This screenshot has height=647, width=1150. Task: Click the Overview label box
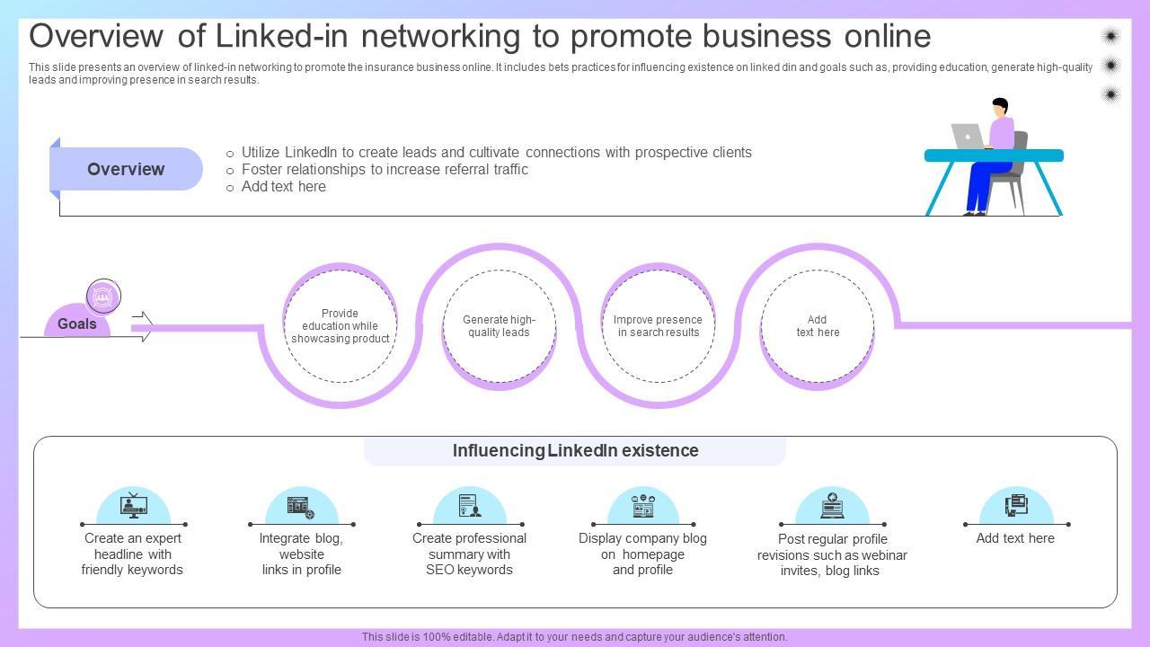pyautogui.click(x=126, y=169)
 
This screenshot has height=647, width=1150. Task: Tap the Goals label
pyautogui.click(x=76, y=324)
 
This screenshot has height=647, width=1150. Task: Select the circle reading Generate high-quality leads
pyautogui.click(x=499, y=326)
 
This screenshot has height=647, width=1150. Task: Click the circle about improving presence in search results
pyautogui.click(x=658, y=326)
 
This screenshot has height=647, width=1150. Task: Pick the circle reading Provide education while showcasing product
pyautogui.click(x=340, y=326)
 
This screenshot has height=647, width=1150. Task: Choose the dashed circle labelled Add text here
pyautogui.click(x=817, y=326)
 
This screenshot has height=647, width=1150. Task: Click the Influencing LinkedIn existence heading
pyautogui.click(x=575, y=451)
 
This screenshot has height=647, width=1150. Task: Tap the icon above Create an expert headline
pyautogui.click(x=133, y=506)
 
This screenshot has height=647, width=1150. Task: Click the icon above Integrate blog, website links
pyautogui.click(x=301, y=507)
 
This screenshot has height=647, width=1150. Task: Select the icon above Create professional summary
pyautogui.click(x=469, y=506)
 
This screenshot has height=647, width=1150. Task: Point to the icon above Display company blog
pyautogui.click(x=643, y=506)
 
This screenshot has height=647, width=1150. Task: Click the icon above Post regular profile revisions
pyautogui.click(x=832, y=506)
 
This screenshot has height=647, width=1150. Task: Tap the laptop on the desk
pyautogui.click(x=967, y=136)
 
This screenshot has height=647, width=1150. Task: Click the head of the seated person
pyautogui.click(x=999, y=107)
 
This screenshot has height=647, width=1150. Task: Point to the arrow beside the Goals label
pyautogui.click(x=142, y=326)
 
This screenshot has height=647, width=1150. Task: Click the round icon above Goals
pyautogui.click(x=103, y=297)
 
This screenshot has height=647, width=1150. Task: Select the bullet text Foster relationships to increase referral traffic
pyautogui.click(x=385, y=170)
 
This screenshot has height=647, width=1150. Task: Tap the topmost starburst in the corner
pyautogui.click(x=1110, y=36)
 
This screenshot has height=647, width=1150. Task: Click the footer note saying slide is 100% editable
pyautogui.click(x=575, y=637)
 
